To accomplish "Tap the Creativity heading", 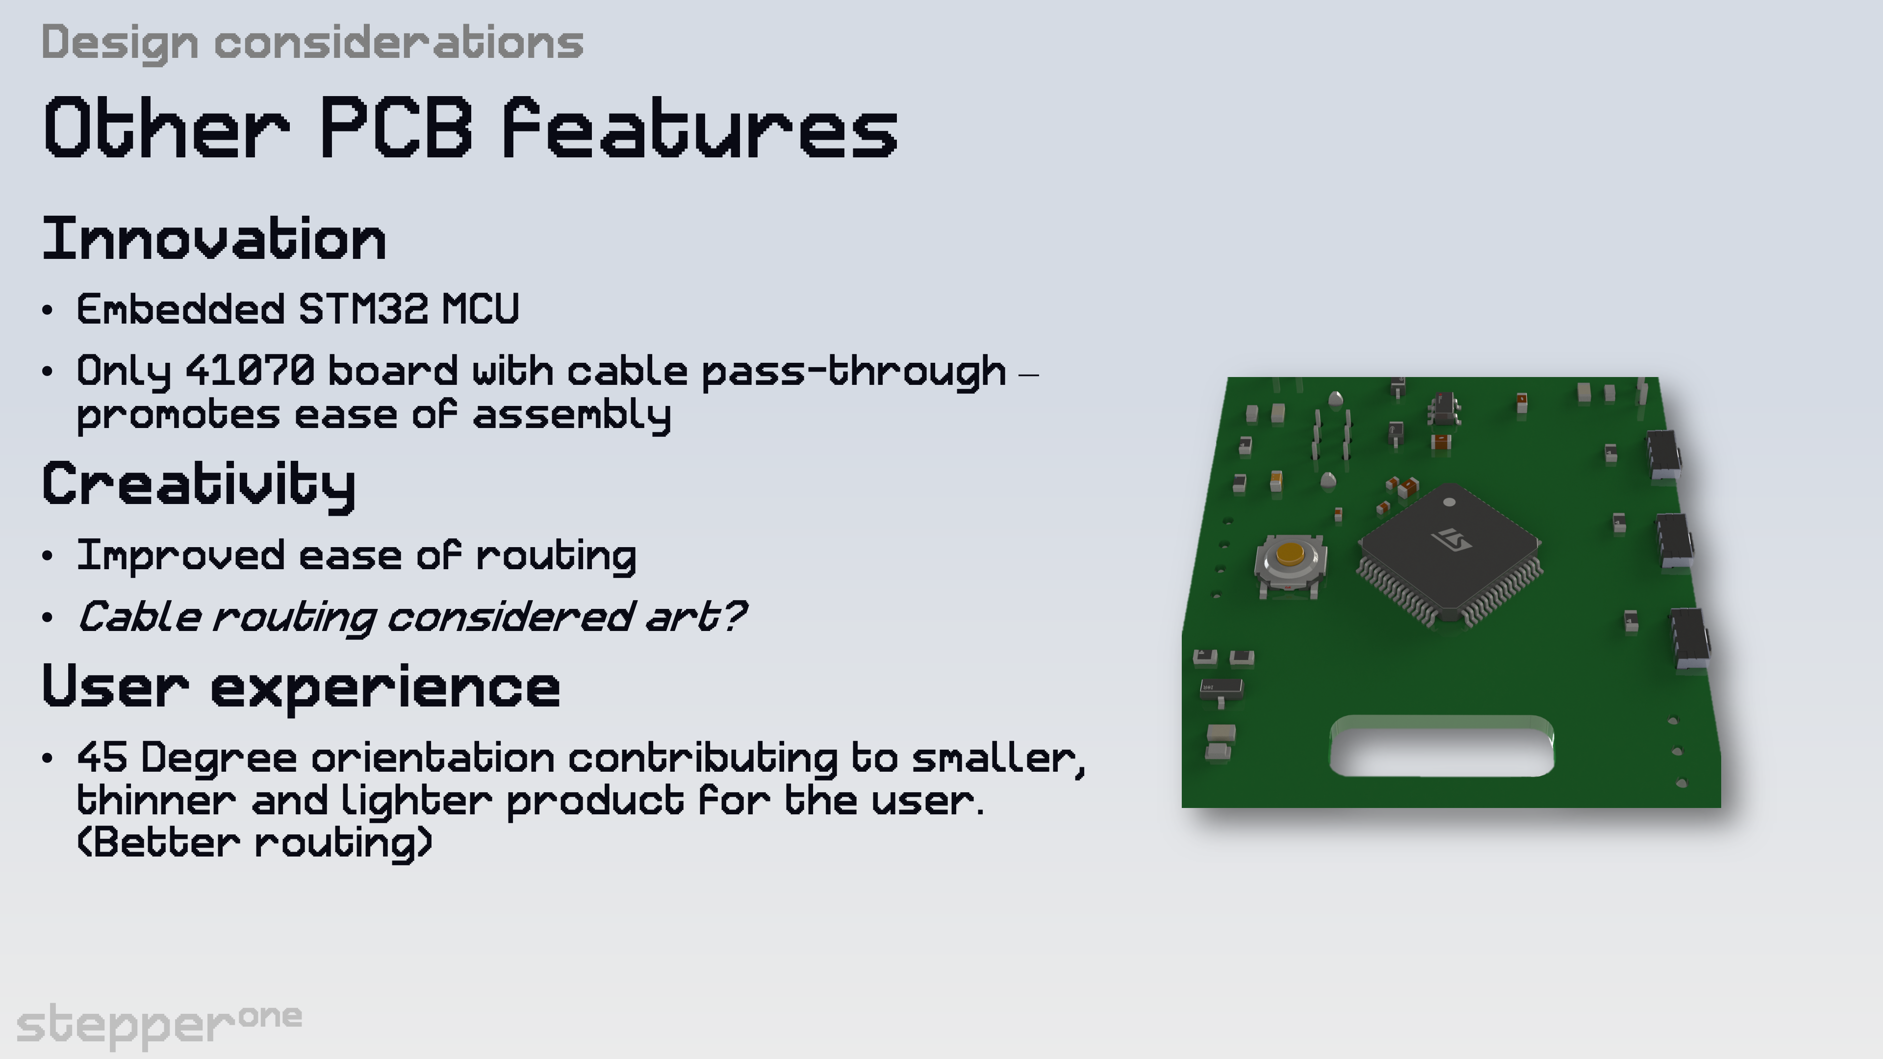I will (199, 484).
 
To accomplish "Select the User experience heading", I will (301, 687).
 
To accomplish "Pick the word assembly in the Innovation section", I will (572, 415).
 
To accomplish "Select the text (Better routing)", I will (254, 843).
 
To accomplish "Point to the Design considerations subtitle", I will (312, 42).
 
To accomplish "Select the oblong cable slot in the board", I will (1442, 746).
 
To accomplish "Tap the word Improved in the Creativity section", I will (180, 555).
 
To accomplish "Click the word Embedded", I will (180, 309).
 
